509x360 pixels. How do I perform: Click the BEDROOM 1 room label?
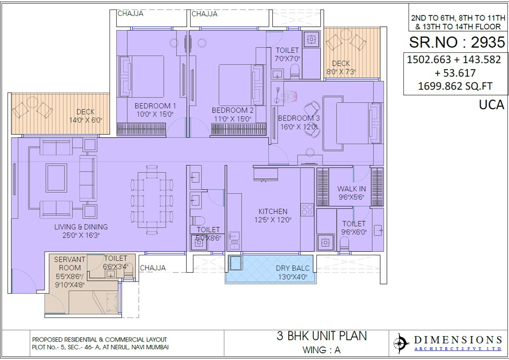pyautogui.click(x=155, y=106)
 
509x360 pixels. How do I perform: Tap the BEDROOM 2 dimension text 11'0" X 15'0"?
pyautogui.click(x=232, y=119)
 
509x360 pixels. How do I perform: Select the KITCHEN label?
pyautogui.click(x=273, y=211)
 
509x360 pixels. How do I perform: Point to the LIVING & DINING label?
pyautogui.click(x=81, y=227)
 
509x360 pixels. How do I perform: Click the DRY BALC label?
pyautogui.click(x=293, y=268)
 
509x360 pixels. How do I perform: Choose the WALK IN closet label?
pyautogui.click(x=351, y=189)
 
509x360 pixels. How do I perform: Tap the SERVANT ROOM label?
pyautogui.click(x=67, y=264)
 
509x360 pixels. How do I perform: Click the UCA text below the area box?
pyautogui.click(x=491, y=105)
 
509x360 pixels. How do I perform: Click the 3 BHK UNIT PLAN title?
pyautogui.click(x=321, y=336)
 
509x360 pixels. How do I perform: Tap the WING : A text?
pyautogui.click(x=321, y=350)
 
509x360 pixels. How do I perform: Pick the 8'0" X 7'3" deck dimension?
pyautogui.click(x=341, y=71)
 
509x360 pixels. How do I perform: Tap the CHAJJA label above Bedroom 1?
pyautogui.click(x=130, y=14)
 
